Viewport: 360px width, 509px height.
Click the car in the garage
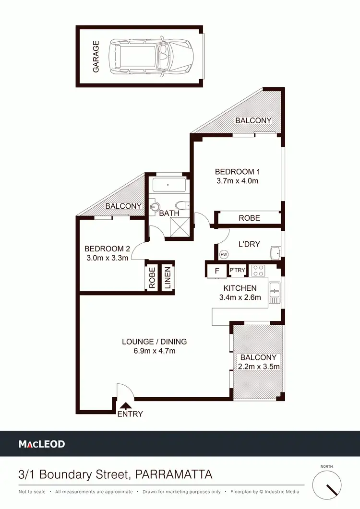[x=151, y=56]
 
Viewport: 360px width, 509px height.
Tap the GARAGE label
[x=96, y=57]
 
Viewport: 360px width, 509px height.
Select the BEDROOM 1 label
[x=237, y=172]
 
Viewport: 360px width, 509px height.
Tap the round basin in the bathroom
[x=155, y=207]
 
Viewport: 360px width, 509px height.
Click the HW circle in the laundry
[x=224, y=254]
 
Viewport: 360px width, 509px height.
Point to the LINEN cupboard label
[x=168, y=278]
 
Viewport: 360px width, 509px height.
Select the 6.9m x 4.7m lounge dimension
[x=154, y=351]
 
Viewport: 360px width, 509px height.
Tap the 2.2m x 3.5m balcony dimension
[x=258, y=367]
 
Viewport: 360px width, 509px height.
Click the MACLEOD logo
[x=42, y=444]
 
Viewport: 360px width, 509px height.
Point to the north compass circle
[x=329, y=485]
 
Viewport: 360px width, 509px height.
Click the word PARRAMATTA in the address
[x=174, y=475]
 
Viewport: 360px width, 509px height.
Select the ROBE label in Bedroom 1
[x=249, y=218]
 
